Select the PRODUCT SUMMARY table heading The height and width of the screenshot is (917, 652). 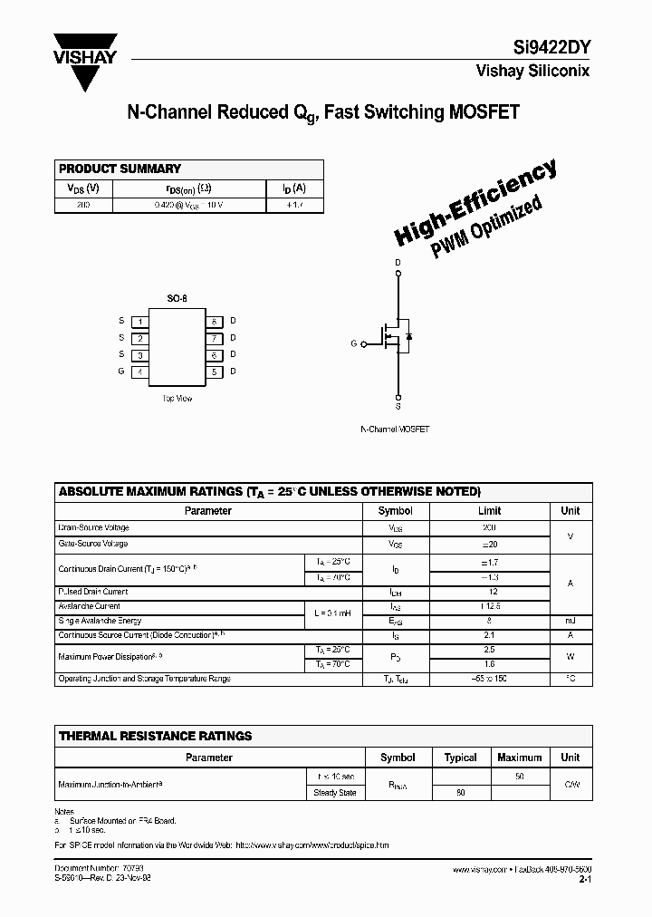[x=120, y=169]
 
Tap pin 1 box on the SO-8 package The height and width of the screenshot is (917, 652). [x=139, y=321]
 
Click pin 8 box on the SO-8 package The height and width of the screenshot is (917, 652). [x=214, y=321]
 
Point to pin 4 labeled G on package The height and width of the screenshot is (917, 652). [x=139, y=372]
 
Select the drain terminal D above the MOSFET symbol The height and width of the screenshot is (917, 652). [x=398, y=264]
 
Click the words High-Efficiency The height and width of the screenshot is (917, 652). [x=475, y=203]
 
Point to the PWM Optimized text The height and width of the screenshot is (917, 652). [x=486, y=227]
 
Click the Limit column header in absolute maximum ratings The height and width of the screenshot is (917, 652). [x=489, y=510]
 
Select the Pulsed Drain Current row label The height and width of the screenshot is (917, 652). [x=93, y=592]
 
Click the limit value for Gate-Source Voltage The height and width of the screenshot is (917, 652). [x=489, y=544]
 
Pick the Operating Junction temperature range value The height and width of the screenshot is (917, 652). [x=489, y=679]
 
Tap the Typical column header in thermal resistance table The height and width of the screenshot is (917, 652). [x=460, y=757]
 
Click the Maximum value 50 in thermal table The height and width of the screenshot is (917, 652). [x=520, y=777]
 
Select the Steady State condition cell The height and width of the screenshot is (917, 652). [x=335, y=793]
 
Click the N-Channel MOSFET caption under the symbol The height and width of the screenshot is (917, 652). [x=395, y=429]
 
